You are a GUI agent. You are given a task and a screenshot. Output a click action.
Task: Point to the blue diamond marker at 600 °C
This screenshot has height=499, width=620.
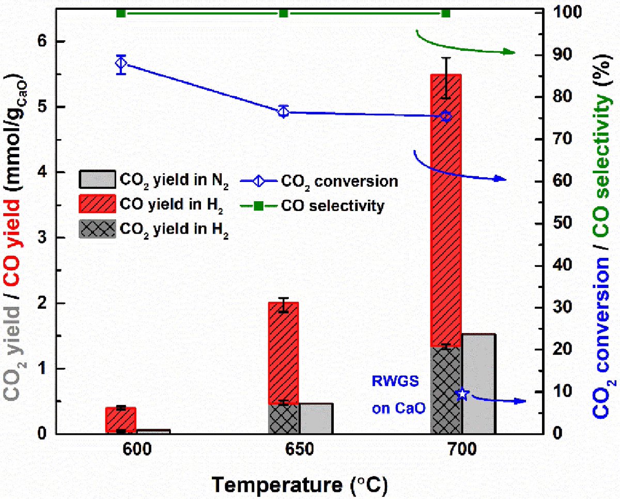coord(121,64)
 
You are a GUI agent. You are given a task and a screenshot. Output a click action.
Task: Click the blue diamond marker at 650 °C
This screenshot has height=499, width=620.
coord(283,111)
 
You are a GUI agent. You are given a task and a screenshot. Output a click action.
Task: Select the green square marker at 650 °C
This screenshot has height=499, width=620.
coord(283,12)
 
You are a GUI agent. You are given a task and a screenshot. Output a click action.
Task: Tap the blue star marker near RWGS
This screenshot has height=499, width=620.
coord(462,394)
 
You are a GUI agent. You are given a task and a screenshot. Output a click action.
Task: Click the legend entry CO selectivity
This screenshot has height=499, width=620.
coord(333,206)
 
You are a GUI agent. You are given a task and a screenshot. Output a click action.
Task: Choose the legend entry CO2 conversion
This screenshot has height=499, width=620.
coord(339,181)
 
